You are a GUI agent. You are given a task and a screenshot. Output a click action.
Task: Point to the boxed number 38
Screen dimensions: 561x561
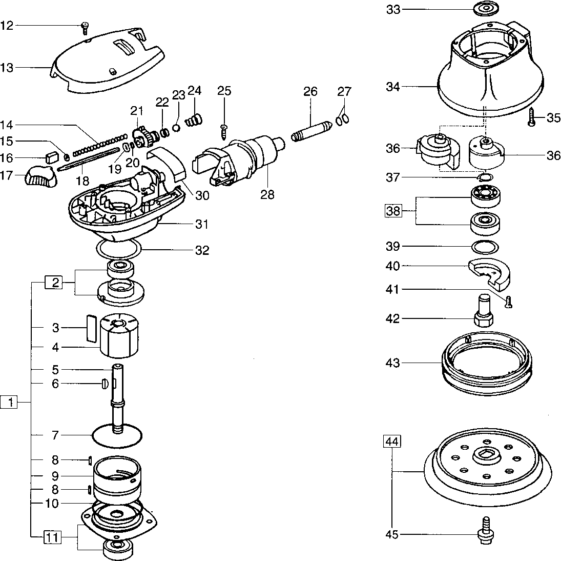pos(393,211)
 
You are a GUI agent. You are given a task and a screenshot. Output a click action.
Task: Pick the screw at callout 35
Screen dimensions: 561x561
pos(532,117)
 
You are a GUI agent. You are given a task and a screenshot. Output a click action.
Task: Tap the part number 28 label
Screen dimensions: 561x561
pos(267,194)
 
